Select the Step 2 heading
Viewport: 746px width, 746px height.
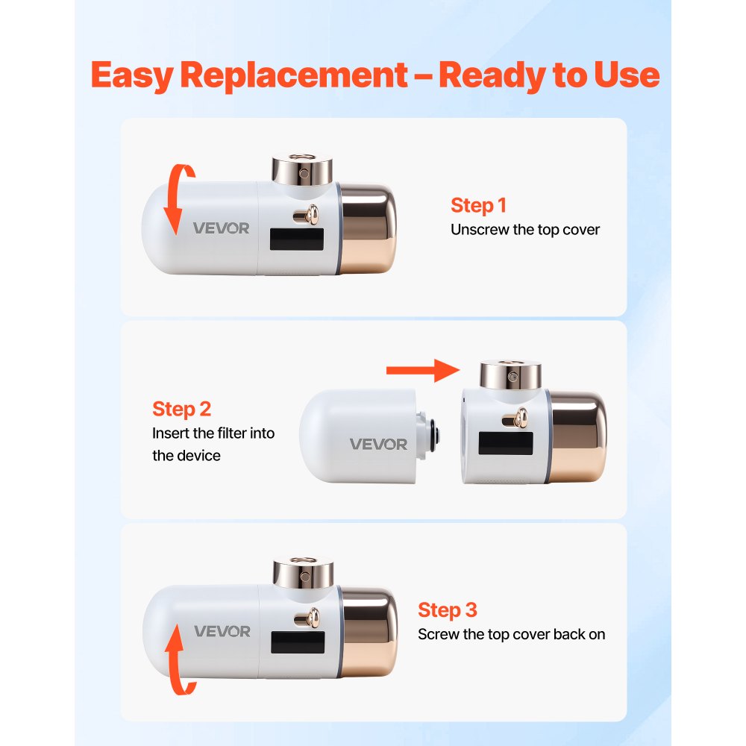coord(181,409)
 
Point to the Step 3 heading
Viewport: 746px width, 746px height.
coord(447,610)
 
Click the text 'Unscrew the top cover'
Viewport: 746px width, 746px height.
coord(524,230)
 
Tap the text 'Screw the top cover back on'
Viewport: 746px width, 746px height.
coord(511,635)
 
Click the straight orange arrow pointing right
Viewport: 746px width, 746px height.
coord(421,369)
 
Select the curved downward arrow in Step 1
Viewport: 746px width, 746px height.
coord(172,201)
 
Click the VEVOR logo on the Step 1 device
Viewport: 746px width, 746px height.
coord(222,228)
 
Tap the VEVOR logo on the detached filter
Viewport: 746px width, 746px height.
coord(379,445)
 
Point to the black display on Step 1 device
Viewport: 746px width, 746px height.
coord(296,240)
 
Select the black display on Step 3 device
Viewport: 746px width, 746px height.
coord(296,644)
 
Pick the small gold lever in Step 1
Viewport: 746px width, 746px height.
coord(306,216)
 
